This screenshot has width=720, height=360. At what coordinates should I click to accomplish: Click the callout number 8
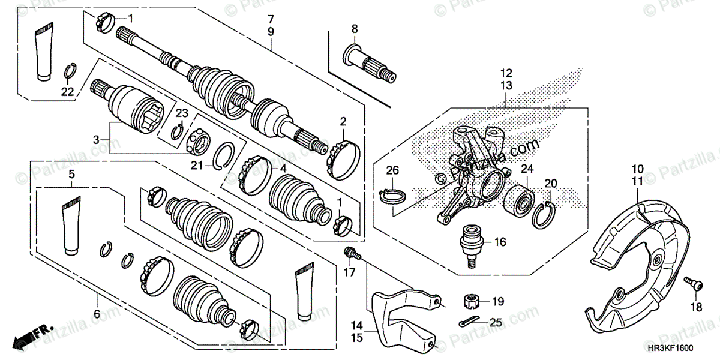(354, 28)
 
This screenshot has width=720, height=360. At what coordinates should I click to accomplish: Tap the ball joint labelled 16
(470, 244)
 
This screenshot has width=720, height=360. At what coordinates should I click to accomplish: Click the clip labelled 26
(394, 197)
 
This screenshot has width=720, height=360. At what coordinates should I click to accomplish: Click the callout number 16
(500, 242)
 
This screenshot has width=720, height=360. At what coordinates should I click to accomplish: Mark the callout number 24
(526, 169)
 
